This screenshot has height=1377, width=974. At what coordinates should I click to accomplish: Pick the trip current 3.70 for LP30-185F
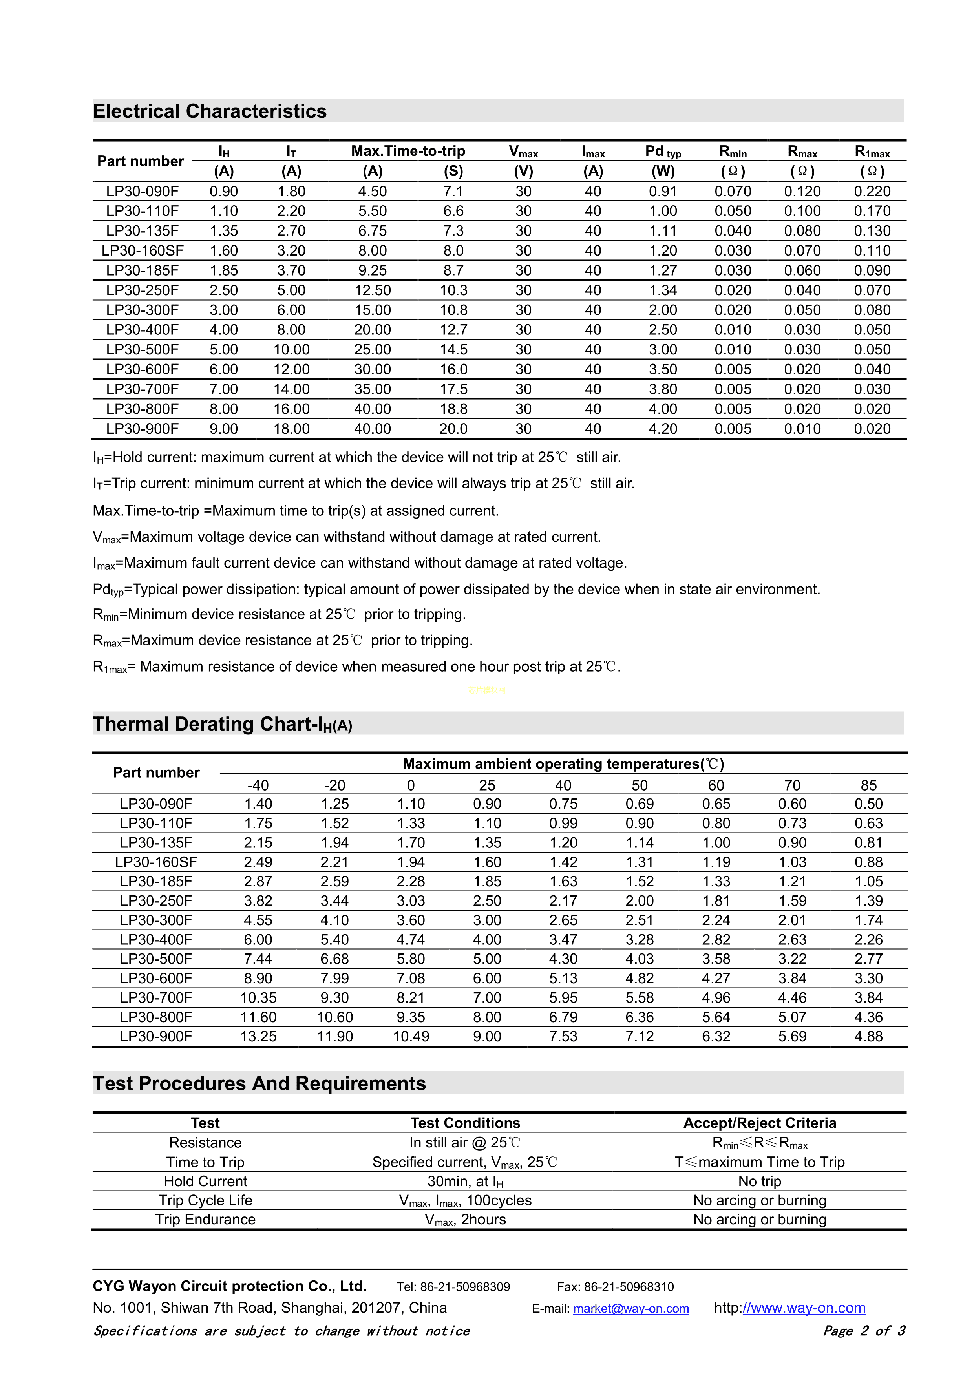291,270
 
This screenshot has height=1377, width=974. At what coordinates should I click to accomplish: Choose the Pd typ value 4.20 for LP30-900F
663,429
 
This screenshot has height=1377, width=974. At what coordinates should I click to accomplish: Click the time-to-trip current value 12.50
373,290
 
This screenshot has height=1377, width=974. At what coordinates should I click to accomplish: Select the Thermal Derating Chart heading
222,725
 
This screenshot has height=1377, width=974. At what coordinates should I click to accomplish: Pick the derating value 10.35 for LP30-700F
258,997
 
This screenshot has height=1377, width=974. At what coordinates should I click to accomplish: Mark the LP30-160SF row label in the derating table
156,862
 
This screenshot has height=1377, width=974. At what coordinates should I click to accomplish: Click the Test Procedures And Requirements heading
259,1084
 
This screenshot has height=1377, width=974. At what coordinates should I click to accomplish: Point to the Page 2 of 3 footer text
864,1331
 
